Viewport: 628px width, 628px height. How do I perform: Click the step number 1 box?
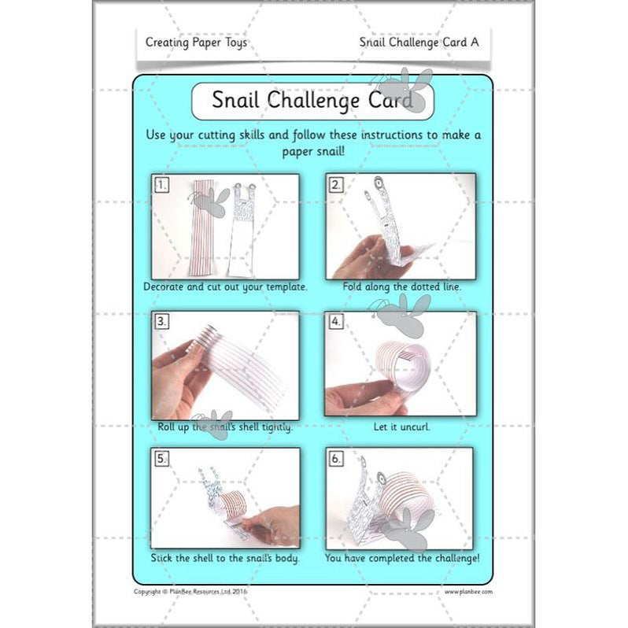tap(162, 185)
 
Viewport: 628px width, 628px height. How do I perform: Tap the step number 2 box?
tap(336, 185)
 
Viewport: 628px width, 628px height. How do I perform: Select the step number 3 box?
tap(162, 321)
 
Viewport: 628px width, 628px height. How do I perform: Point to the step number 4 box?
tap(336, 321)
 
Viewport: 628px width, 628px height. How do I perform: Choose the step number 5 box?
tap(162, 458)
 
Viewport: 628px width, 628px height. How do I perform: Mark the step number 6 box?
tap(336, 458)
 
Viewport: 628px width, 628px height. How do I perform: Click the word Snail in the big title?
tap(235, 100)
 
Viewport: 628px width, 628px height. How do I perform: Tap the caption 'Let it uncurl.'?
tap(401, 427)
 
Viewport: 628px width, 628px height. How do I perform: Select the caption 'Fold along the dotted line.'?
tap(401, 286)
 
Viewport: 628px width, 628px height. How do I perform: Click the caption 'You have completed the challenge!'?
tap(402, 558)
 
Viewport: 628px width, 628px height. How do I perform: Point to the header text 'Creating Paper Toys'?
tap(196, 42)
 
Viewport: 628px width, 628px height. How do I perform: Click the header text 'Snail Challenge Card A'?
tap(419, 42)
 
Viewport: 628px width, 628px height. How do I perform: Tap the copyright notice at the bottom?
tap(190, 591)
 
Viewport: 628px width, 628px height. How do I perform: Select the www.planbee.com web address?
tap(468, 592)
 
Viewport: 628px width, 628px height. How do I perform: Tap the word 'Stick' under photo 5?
tap(161, 558)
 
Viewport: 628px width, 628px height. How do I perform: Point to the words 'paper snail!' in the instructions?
tap(313, 152)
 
